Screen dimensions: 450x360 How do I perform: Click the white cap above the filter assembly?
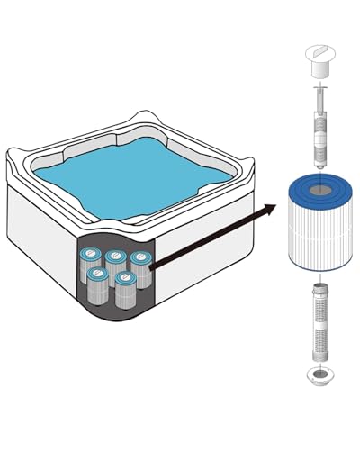(319, 60)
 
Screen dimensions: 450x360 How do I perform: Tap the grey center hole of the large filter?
(319, 190)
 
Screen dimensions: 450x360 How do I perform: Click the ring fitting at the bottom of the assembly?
(319, 375)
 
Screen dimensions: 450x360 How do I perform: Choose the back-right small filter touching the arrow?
(140, 268)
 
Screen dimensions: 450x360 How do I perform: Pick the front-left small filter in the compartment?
(98, 284)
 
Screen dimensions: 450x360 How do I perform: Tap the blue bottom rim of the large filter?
(319, 266)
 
